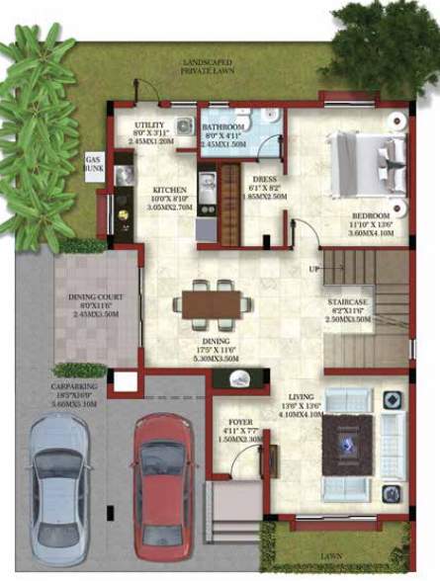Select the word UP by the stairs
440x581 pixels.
point(314,269)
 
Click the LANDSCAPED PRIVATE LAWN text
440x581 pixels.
point(208,67)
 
